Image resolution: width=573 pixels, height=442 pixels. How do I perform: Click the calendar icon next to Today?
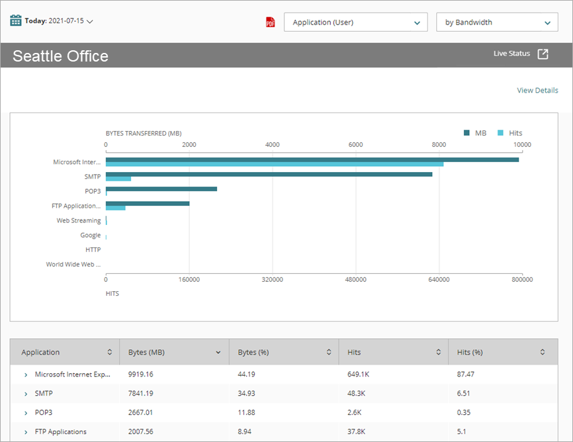pos(16,21)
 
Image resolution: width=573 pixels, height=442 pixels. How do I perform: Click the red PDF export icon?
pos(270,22)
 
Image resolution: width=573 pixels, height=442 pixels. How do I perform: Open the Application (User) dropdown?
pos(355,22)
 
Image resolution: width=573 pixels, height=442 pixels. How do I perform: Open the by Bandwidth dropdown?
pos(497,22)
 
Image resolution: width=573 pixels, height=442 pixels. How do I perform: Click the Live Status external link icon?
pos(543,54)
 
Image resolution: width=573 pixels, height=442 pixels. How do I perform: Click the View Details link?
pos(537,91)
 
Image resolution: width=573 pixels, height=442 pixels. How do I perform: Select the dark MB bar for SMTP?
pos(269,174)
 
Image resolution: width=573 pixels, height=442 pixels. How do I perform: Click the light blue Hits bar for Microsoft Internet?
pos(275,164)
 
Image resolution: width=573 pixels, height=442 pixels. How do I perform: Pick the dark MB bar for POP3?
pos(161,189)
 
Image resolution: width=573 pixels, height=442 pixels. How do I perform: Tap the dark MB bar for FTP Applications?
pos(148,203)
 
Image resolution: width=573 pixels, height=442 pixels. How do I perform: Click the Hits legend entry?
pos(509,133)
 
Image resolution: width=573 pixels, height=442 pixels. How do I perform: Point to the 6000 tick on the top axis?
pos(355,144)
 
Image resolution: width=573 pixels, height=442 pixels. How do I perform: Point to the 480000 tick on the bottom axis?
pos(355,280)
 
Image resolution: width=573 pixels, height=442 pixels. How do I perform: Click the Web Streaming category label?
pos(79,221)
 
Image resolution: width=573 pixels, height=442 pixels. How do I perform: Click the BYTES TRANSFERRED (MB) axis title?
pos(144,133)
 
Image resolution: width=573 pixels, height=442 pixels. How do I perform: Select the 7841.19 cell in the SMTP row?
pos(140,393)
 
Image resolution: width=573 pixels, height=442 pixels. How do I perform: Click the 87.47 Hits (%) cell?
pos(466,375)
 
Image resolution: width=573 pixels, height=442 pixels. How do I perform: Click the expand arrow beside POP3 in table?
pos(26,413)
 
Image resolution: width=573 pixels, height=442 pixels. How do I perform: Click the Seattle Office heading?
pos(60,56)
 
